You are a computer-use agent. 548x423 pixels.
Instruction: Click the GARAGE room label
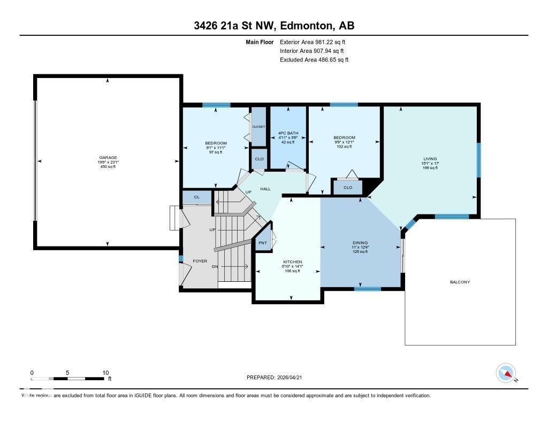[x=108, y=158]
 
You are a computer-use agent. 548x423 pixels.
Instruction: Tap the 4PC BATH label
[x=288, y=133]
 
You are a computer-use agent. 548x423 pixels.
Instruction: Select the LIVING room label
[x=430, y=159]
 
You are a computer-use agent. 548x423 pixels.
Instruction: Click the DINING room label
[x=360, y=242]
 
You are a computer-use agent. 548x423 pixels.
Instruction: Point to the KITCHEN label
[x=293, y=262]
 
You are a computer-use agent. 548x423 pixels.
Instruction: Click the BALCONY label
[x=460, y=282]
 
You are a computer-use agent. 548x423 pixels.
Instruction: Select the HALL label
[x=265, y=189]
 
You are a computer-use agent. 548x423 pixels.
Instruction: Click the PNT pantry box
[x=263, y=242]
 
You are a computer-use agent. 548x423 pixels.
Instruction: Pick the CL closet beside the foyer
[x=196, y=197]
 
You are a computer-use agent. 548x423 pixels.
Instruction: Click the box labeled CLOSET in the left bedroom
[x=258, y=127]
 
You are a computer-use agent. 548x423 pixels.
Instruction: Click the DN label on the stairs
[x=215, y=266]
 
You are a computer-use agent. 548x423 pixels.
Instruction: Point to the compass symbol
[x=505, y=373]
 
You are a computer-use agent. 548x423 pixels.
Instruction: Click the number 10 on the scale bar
[x=105, y=373]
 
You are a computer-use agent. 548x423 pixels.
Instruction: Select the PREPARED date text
[x=277, y=377]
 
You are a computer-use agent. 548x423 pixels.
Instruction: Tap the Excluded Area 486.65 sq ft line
[x=314, y=60]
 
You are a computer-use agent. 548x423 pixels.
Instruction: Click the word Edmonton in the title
[x=303, y=25]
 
